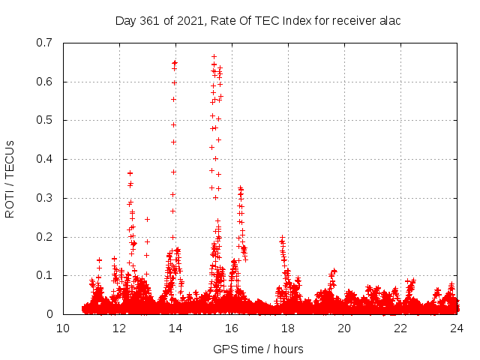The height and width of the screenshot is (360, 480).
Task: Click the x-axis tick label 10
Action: pos(63,328)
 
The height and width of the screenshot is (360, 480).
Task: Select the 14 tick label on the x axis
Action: pos(175,328)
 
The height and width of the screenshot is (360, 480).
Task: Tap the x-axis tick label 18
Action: pos(288,328)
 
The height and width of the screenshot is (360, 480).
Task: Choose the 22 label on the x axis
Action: pos(400,328)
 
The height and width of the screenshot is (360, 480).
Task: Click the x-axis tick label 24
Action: pos(457,328)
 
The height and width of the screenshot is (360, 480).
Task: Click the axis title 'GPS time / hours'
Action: pos(259,349)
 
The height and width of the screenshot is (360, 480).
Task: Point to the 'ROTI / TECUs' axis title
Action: pos(10,178)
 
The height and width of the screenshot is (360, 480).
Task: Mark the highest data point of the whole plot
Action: pos(214,56)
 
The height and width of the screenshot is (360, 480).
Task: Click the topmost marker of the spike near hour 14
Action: pos(175,62)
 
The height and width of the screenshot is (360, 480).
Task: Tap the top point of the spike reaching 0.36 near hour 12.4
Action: pos(130,173)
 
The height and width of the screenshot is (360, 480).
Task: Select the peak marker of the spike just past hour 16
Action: pos(240,187)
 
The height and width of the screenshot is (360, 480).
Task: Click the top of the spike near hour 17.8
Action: pos(282,238)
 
